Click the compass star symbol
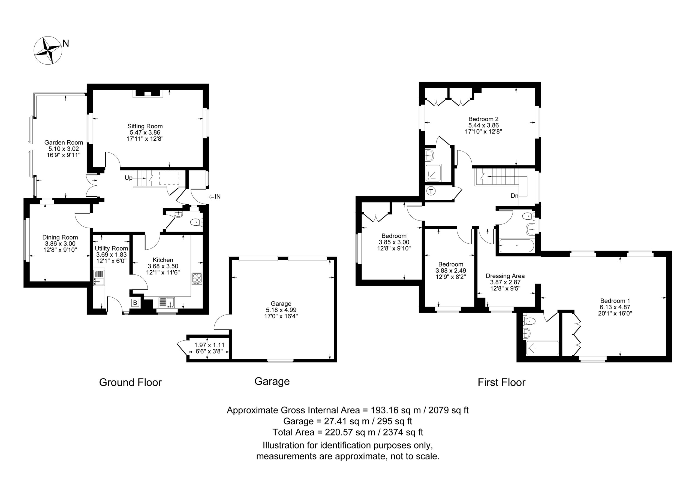click(x=48, y=50)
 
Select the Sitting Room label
click(x=145, y=126)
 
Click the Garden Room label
click(x=64, y=143)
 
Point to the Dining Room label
click(x=60, y=237)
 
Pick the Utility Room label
click(x=111, y=248)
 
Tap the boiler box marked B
click(x=135, y=303)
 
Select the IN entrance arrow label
click(x=215, y=197)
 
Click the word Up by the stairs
click(x=129, y=178)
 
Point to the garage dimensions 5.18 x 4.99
click(x=281, y=310)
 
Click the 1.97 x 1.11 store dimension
click(x=209, y=345)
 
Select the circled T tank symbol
click(x=431, y=191)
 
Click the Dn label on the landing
click(x=515, y=196)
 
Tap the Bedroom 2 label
click(x=483, y=119)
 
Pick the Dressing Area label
click(x=505, y=276)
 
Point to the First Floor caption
click(x=502, y=382)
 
